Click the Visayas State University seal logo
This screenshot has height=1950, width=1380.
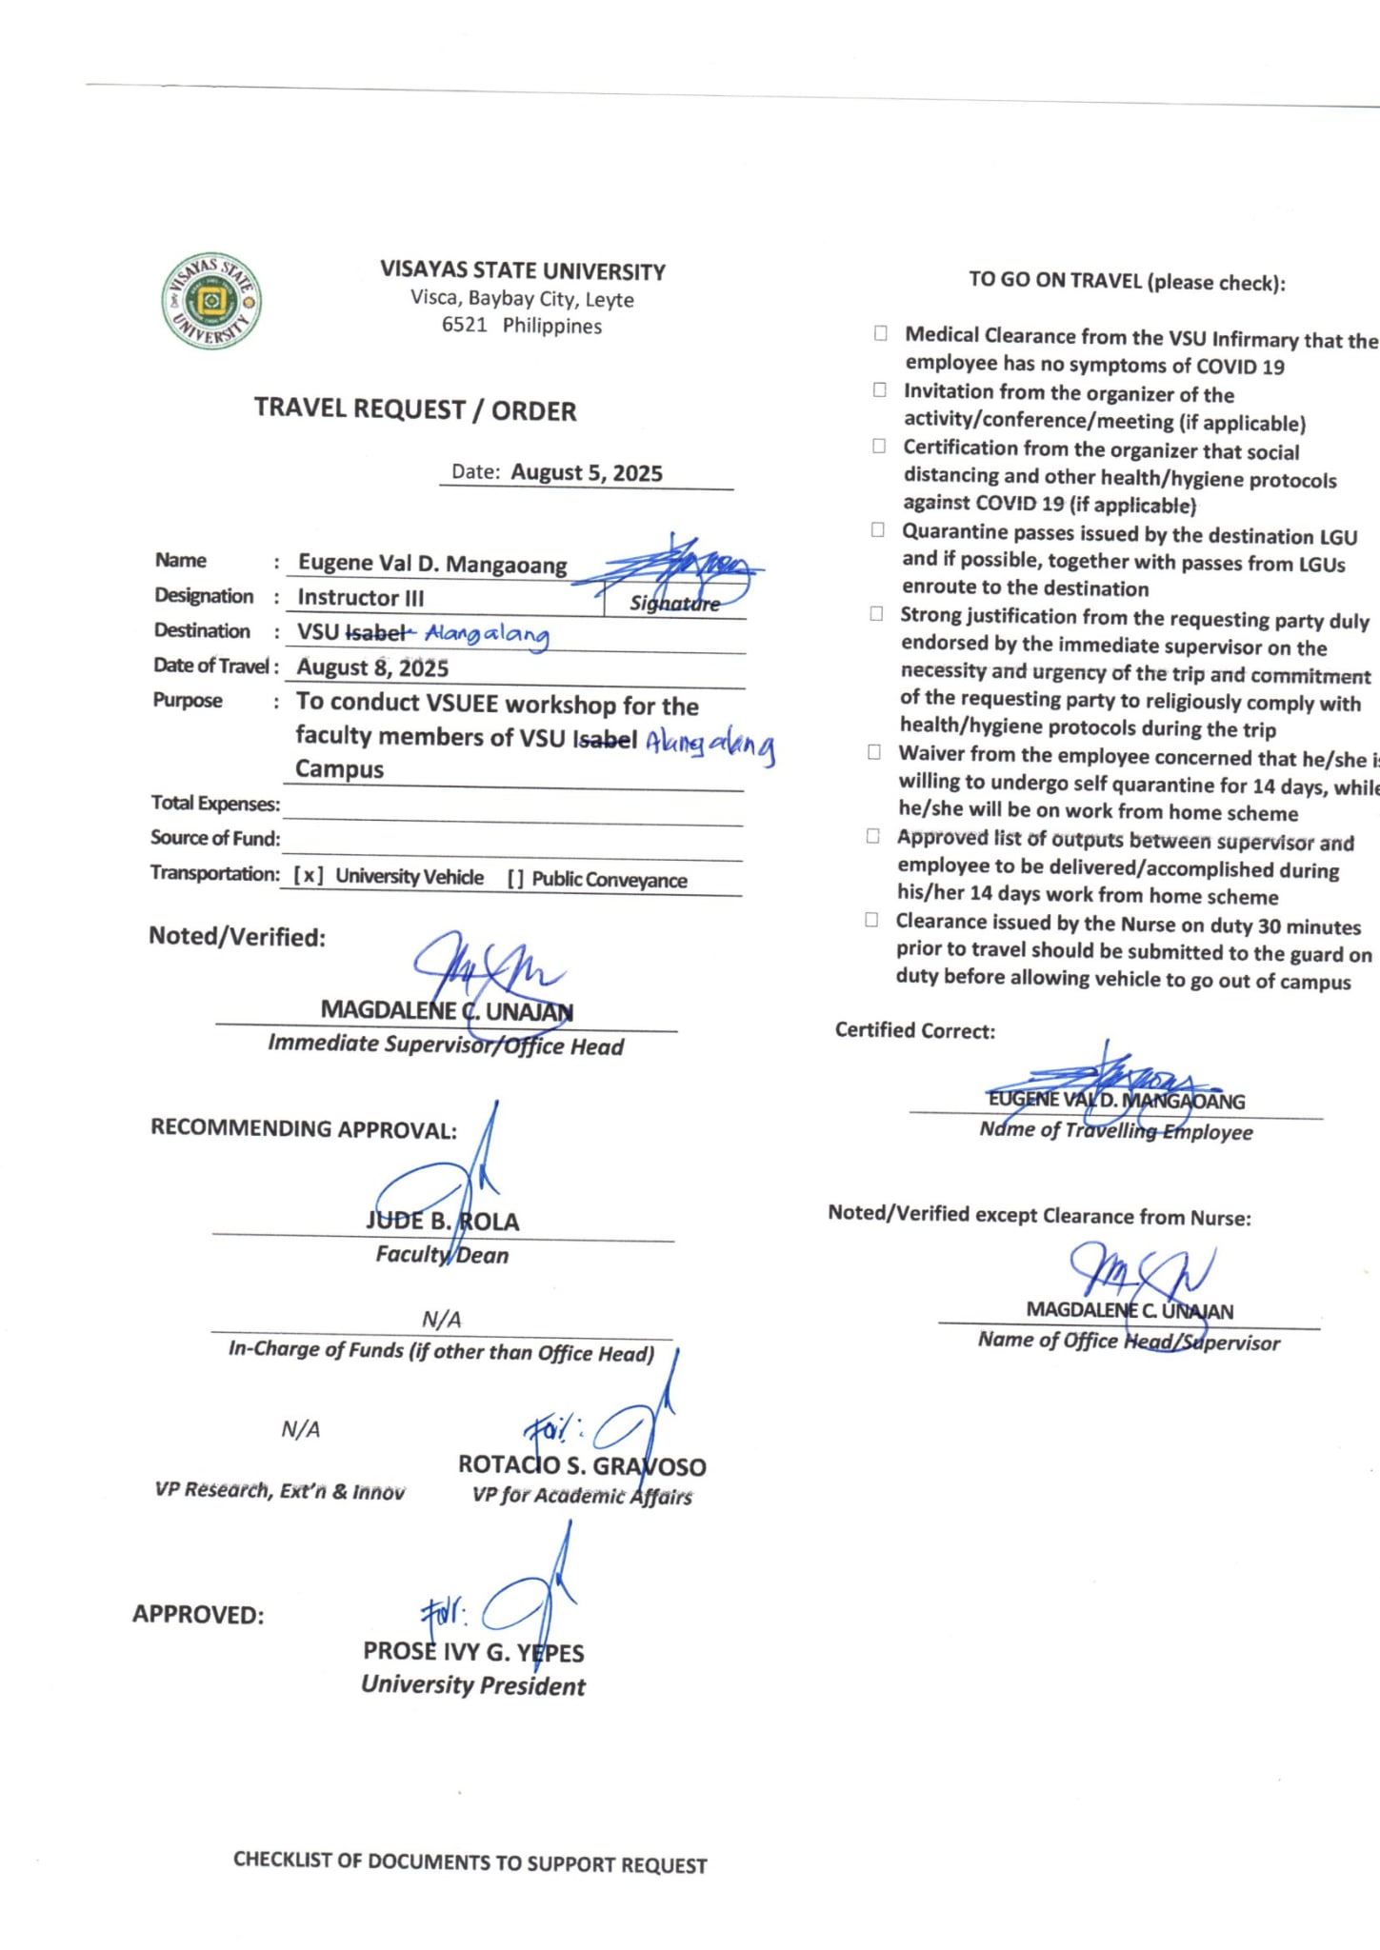click(211, 302)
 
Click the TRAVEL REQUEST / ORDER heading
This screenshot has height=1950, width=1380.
click(415, 409)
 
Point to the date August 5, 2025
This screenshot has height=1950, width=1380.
click(586, 473)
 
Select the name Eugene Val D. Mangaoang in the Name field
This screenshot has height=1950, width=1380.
click(432, 564)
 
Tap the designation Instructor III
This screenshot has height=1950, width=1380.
click(361, 598)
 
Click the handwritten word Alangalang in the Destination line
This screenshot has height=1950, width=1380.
click(487, 634)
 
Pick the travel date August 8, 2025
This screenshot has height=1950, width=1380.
click(372, 667)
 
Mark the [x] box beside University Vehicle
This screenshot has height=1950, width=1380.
click(308, 876)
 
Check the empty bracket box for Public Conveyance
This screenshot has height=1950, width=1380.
click(515, 879)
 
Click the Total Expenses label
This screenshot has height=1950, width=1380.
click(215, 804)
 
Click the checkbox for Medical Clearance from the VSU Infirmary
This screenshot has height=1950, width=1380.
click(881, 333)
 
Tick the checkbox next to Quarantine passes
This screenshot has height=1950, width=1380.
click(878, 530)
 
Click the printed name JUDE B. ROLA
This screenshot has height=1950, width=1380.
click(443, 1222)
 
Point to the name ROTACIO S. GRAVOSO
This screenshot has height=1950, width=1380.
click(582, 1466)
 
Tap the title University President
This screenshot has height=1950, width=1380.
click(473, 1685)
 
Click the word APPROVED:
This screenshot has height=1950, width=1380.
click(198, 1615)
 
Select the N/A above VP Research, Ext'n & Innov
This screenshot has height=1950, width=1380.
click(301, 1429)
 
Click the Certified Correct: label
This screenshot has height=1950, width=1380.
click(914, 1030)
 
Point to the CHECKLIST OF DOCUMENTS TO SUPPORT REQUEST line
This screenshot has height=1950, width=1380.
click(470, 1863)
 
